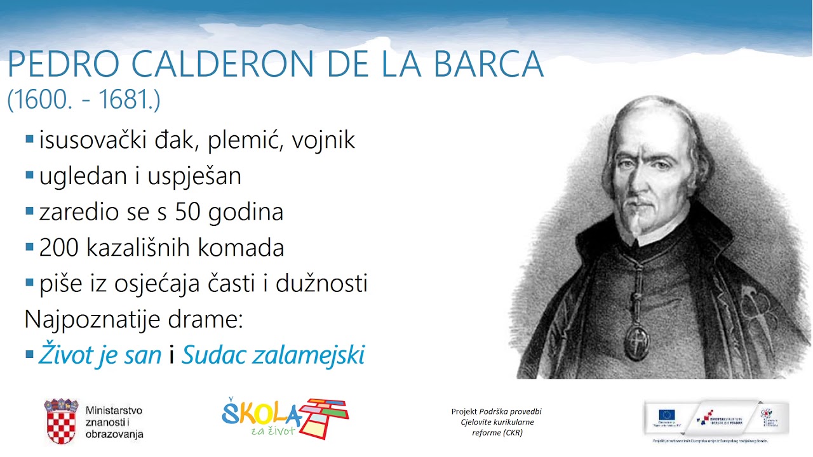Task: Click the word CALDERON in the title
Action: (203, 63)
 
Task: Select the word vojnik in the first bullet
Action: (323, 140)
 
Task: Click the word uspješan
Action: (194, 176)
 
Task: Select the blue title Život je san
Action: (100, 355)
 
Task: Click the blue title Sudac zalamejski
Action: (273, 355)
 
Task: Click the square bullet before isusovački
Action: (29, 138)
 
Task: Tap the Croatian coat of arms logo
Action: (61, 421)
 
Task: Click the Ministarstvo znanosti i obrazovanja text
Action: (114, 422)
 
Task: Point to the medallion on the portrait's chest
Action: (635, 342)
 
